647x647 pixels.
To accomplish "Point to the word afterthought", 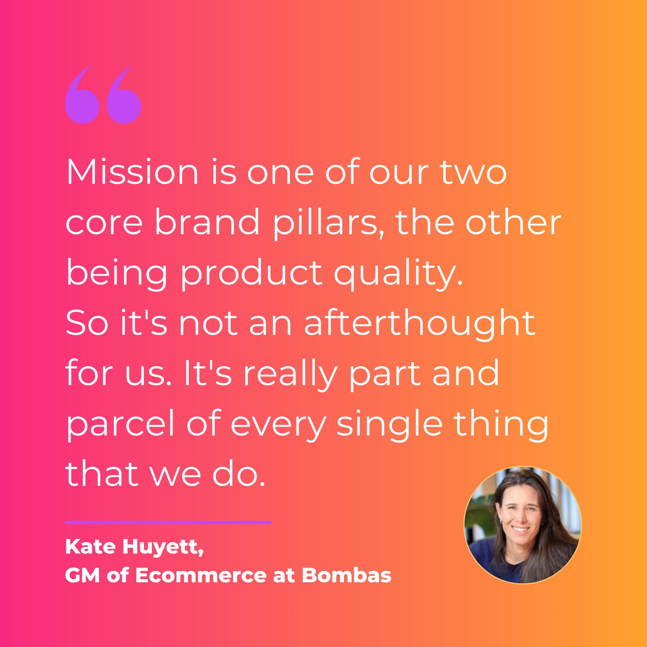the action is click(x=420, y=323).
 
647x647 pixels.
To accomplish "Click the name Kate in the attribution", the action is click(x=90, y=547).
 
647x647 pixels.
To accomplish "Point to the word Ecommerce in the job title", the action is click(x=201, y=575).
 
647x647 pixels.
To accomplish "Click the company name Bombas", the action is click(x=346, y=575).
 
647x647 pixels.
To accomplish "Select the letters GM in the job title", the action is click(x=82, y=575).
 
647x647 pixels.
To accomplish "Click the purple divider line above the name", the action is click(x=168, y=522).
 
